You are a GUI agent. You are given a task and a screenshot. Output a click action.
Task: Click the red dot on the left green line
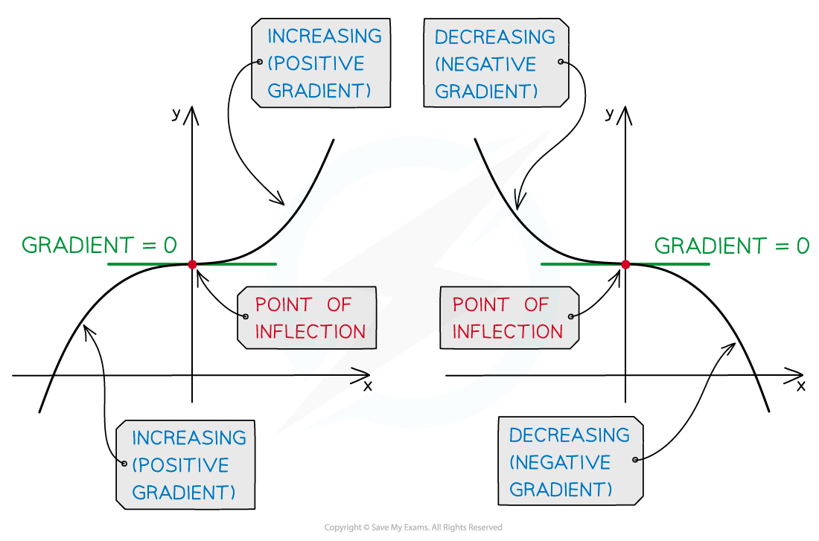pos(192,264)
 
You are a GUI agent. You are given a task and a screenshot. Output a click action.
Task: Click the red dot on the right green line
pos(625,264)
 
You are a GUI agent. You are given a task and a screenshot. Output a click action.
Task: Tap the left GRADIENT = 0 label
pos(99,245)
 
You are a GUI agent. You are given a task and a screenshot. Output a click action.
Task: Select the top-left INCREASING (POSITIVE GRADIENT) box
pos(321,63)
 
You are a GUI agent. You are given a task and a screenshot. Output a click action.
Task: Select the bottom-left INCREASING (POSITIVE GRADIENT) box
pos(185,465)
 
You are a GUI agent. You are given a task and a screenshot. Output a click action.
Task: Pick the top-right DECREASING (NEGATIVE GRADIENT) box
pos(496,64)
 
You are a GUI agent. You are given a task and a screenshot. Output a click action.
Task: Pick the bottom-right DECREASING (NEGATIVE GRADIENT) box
pos(570,462)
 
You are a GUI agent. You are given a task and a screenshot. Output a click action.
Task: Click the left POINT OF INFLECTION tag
pos(307,318)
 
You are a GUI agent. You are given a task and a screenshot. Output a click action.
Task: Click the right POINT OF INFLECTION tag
pos(509,318)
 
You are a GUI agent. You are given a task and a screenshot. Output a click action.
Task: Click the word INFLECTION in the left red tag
pos(310,332)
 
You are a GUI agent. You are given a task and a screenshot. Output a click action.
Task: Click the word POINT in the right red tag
pos(477,304)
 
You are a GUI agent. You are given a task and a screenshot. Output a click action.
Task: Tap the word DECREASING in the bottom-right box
pos(570,435)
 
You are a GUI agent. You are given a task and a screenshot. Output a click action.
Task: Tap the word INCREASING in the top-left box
pos(324,36)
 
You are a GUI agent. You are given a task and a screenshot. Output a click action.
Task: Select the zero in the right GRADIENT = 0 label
pos(802,246)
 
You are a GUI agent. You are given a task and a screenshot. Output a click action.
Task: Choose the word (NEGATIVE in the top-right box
pos(485,64)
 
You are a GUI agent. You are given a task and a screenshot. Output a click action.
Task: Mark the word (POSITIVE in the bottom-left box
pos(180,465)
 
